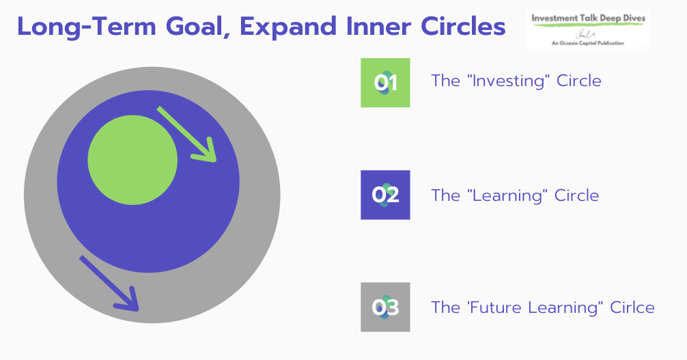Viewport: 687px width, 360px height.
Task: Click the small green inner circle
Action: [x=132, y=160]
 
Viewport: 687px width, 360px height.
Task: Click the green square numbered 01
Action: [x=385, y=83]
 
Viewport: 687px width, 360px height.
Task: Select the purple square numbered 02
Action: [x=385, y=195]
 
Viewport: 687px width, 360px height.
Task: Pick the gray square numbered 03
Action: [x=385, y=307]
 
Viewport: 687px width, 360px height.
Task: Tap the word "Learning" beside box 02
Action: [x=507, y=195]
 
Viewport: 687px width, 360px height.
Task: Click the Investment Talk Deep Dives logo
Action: [x=587, y=31]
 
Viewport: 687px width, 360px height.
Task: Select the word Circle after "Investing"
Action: [x=579, y=81]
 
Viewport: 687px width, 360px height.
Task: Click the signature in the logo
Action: [x=584, y=34]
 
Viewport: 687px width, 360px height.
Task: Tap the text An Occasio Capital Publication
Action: [x=587, y=43]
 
